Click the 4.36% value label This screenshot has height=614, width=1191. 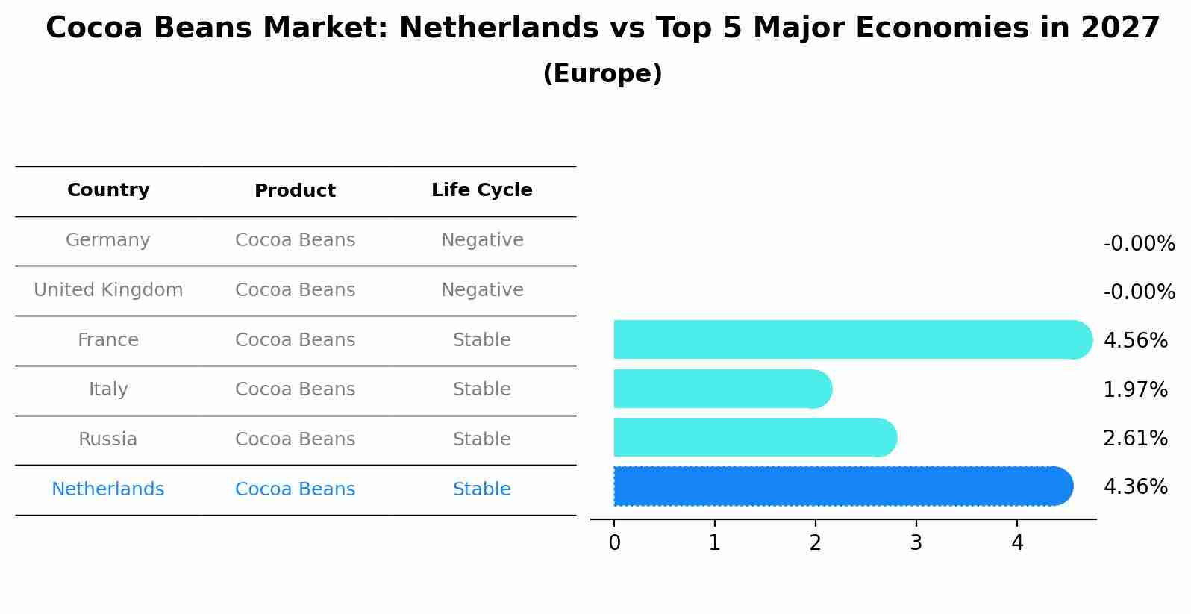pos(1135,487)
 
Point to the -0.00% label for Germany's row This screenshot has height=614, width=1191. pos(1139,244)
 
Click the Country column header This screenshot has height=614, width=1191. pos(108,190)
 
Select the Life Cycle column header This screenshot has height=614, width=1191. pos(481,190)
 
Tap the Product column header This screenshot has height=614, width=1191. pos(295,191)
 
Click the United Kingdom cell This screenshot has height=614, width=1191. pos(108,290)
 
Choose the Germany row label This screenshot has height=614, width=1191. pos(108,240)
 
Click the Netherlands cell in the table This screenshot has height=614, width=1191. pos(108,489)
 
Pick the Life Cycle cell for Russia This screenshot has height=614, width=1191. pos(481,439)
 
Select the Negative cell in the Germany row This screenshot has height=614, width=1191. pos(481,240)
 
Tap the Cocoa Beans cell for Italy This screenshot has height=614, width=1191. pos(295,389)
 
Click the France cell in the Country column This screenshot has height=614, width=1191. pos(108,340)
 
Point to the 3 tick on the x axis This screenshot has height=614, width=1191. pos(916,543)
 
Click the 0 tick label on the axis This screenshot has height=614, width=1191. pos(614,543)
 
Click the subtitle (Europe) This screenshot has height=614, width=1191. pos(602,74)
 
